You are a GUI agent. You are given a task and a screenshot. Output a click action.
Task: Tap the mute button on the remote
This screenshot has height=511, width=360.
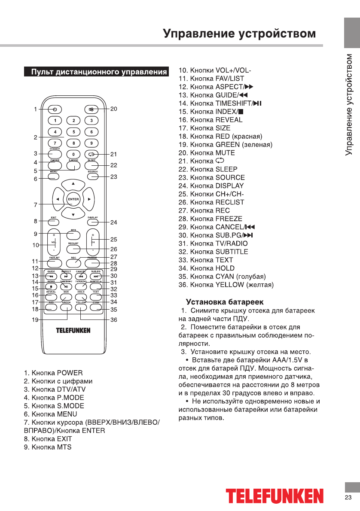pyautogui.click(x=92, y=109)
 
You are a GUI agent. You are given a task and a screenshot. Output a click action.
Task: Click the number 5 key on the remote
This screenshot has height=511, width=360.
pyautogui.click(x=73, y=132)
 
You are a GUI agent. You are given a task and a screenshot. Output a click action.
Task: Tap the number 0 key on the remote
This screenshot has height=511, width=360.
pyautogui.click(x=73, y=154)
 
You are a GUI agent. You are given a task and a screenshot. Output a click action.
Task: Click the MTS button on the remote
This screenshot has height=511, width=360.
pyautogui.click(x=73, y=235)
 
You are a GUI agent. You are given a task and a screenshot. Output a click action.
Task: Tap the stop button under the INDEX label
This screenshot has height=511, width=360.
pyautogui.click(x=51, y=286)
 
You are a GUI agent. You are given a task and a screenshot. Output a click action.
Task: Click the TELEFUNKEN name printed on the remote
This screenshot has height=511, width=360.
pyautogui.click(x=73, y=330)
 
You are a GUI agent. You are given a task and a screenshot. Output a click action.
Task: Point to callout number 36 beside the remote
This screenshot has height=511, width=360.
pyautogui.click(x=114, y=320)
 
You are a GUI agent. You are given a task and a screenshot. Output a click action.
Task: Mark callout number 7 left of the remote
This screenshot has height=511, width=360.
pyautogui.click(x=36, y=205)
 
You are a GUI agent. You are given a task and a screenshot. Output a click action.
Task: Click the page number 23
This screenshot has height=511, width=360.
pyautogui.click(x=348, y=497)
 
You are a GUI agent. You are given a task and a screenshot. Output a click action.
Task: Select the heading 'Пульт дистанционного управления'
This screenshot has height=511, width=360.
pyautogui.click(x=98, y=72)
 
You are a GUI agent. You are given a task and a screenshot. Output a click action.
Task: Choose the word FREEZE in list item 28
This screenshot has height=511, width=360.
pyautogui.click(x=229, y=219)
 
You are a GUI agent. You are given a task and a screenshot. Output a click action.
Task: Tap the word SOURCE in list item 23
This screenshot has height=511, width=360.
pyautogui.click(x=230, y=177)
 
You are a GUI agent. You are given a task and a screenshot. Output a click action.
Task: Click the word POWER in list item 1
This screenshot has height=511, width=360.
pyautogui.click(x=70, y=373)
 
